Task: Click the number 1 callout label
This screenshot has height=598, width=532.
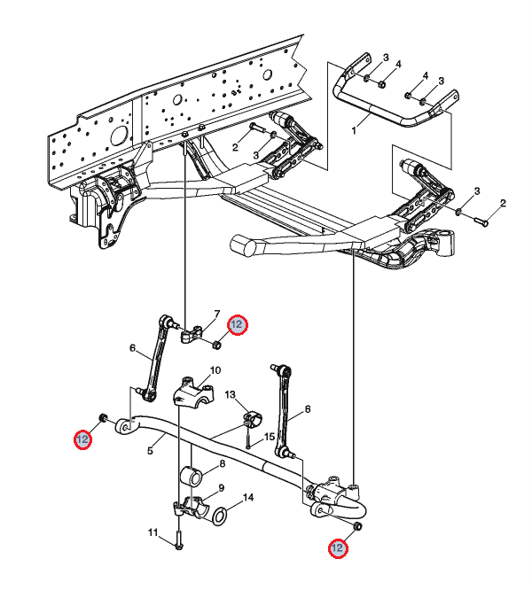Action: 354,130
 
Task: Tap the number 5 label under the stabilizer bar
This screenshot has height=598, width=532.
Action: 150,450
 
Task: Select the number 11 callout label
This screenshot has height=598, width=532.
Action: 153,532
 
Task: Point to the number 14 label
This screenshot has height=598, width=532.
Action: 248,497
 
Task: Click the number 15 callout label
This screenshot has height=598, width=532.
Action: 270,437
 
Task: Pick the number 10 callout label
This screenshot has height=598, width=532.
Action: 215,370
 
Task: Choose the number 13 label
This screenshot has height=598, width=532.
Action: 231,394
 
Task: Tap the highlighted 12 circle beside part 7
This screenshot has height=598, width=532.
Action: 237,324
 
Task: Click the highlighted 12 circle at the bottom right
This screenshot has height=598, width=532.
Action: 338,548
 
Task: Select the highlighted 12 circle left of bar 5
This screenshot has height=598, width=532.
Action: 82,439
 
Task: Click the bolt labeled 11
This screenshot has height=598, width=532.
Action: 178,539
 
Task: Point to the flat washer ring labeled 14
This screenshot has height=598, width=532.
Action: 220,516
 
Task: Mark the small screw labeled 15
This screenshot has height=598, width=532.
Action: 248,439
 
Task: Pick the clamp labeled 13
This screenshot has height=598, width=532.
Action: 252,416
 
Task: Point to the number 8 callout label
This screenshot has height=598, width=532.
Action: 223,463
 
